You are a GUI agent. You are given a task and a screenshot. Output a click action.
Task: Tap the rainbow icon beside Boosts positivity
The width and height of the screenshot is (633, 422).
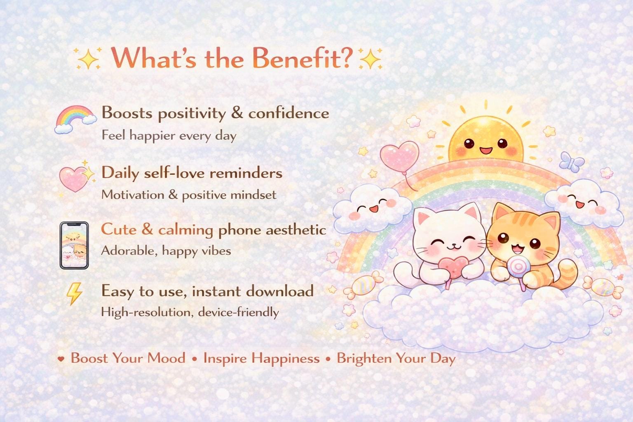75,119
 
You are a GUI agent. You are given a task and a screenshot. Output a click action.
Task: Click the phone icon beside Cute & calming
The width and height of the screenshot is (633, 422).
74,245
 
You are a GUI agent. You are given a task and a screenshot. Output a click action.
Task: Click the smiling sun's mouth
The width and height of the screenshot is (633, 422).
486,151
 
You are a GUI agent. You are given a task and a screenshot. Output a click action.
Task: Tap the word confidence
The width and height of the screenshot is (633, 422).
289,113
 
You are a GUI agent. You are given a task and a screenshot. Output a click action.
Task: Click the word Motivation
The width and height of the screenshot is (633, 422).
133,195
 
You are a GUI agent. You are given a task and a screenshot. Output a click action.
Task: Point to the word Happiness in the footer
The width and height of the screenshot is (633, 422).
286,359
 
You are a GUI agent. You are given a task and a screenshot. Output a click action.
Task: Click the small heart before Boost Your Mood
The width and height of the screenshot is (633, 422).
61,359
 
